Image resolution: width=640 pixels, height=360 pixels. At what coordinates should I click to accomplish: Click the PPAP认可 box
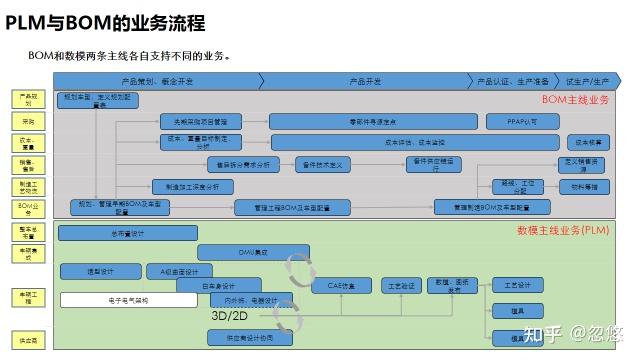pos(513,121)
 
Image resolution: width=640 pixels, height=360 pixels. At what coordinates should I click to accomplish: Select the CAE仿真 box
pos(340,285)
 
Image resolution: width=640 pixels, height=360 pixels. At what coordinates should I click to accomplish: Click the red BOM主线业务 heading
pos(575,99)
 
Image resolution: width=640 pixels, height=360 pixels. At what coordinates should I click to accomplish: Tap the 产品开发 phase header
pos(365,81)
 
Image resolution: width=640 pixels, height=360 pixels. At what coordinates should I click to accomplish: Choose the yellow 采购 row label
pos(28,121)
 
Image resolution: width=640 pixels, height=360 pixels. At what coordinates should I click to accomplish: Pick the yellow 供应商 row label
pos(28,339)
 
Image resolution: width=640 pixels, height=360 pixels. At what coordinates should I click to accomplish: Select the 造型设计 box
pos(101,271)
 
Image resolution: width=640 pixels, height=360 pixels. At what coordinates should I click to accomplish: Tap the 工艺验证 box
pos(402,285)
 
